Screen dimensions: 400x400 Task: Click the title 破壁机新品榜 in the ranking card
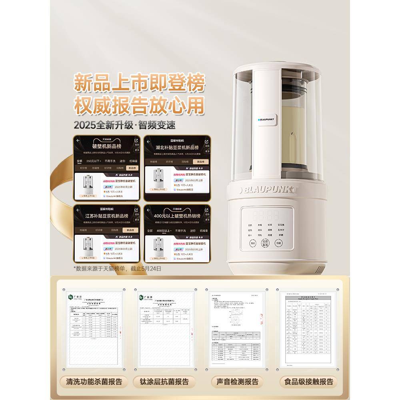107,147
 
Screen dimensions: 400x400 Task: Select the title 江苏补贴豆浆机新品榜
107,216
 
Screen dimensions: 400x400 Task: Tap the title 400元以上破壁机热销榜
177,216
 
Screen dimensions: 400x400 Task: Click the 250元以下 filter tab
93,160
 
